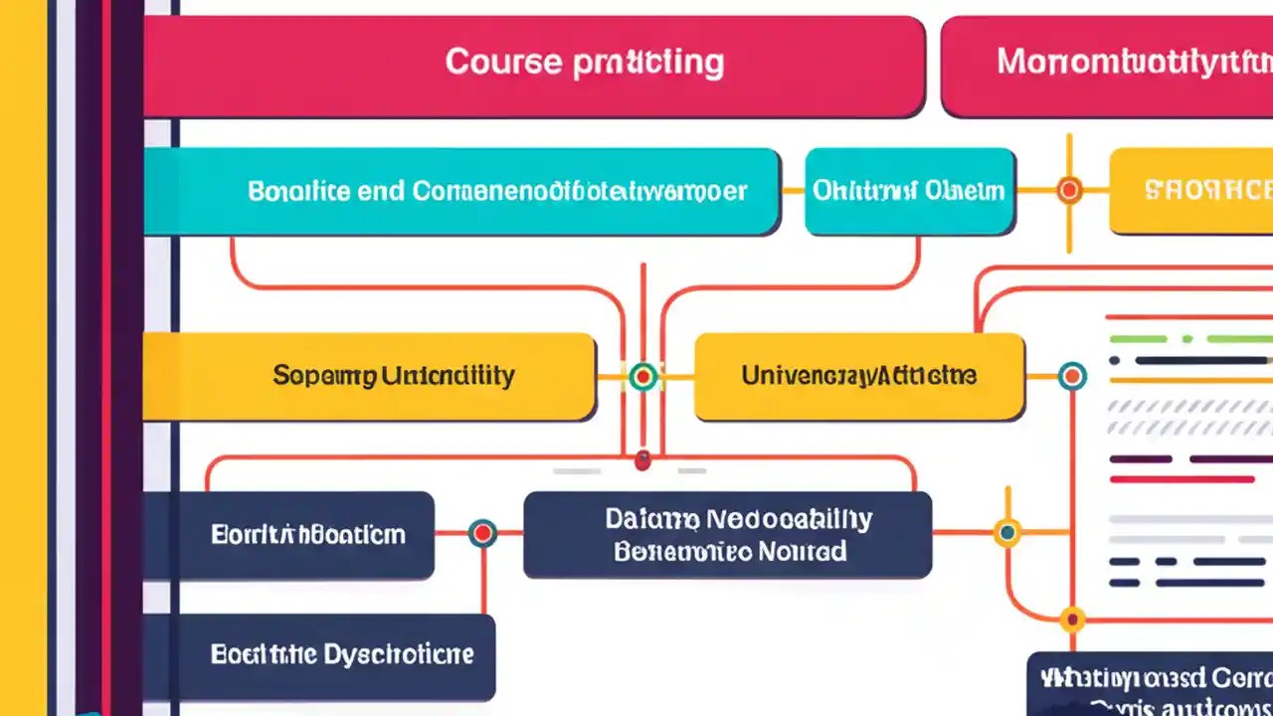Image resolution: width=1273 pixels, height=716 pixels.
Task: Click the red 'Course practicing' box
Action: point(534,66)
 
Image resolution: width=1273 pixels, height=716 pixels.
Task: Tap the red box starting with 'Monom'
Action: point(1106,66)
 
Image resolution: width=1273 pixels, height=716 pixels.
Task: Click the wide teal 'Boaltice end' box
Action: point(461,191)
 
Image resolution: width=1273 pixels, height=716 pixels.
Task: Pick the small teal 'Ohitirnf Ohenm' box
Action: point(909,191)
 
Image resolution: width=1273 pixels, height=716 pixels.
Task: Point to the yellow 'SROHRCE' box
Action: point(1191,191)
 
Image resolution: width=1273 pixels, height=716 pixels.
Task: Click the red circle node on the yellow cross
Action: point(1069,190)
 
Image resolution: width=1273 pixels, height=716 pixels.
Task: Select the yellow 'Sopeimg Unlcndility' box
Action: point(369,376)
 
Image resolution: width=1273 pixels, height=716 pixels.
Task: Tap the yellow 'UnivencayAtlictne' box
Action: point(858,376)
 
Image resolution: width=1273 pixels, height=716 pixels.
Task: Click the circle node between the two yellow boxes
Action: point(643,376)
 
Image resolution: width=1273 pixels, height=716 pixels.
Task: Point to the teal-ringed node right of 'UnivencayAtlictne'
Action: point(1071,376)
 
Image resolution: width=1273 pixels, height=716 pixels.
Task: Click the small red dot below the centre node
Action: point(642,460)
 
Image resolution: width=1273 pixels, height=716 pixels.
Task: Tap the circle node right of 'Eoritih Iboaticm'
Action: point(482,533)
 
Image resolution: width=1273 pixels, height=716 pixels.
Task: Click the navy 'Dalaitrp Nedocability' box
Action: point(727,534)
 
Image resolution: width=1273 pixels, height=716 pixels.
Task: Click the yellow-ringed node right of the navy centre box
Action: point(1007,533)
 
